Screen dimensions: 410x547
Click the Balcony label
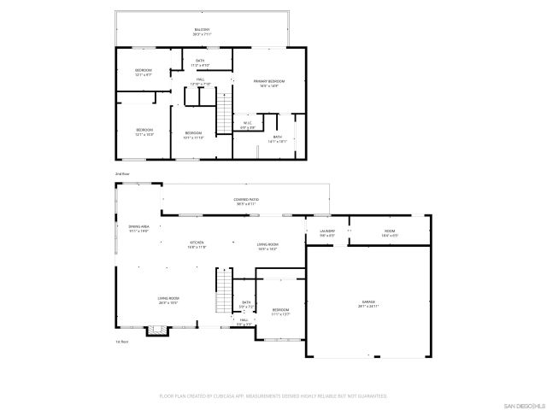pos(202,32)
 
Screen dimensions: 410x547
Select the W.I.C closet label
pos(247,125)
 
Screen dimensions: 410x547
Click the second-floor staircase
pos(224,112)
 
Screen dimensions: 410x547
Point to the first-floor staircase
pos(224,290)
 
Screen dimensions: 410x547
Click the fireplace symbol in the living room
pos(155,329)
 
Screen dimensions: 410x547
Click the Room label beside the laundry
pos(389,232)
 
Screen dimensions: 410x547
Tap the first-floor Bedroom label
pos(280,311)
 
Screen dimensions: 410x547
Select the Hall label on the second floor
pos(200,81)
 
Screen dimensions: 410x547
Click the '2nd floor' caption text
pos(122,173)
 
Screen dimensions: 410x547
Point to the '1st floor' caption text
pos(121,342)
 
